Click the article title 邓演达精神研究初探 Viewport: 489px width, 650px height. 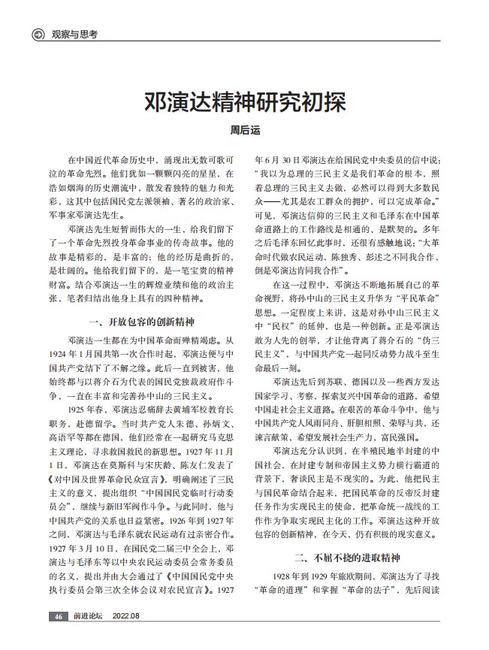click(x=243, y=102)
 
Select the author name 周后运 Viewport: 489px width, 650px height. click(x=244, y=129)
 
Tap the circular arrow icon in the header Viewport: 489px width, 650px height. click(x=35, y=34)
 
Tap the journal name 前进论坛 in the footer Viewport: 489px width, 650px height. click(x=87, y=617)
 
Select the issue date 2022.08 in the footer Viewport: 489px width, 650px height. click(x=126, y=617)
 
